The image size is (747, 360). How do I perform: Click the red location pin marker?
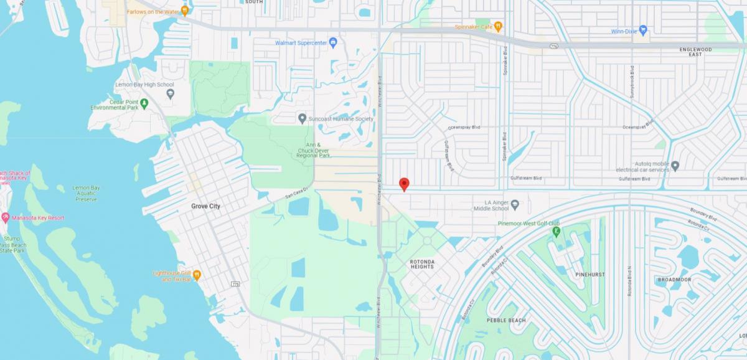click(x=404, y=184)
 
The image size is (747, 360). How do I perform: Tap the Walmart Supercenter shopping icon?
click(x=333, y=42)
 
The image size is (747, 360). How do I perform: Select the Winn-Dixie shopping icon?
click(x=643, y=30)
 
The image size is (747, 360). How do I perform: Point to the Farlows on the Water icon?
click(x=184, y=11)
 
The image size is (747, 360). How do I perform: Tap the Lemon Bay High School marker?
click(x=171, y=94)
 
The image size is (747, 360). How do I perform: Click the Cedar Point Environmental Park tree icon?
click(x=144, y=103)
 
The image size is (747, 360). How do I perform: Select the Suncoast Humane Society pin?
click(x=302, y=118)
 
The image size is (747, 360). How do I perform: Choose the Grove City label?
click(x=205, y=206)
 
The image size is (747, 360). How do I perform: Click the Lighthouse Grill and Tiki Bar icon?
click(x=196, y=274)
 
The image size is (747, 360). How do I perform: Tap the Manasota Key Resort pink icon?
click(x=6, y=217)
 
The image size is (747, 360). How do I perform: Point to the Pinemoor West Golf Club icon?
click(x=556, y=232)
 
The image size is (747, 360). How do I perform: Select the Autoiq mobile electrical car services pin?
click(x=675, y=166)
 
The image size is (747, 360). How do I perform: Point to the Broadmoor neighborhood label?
click(x=674, y=280)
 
